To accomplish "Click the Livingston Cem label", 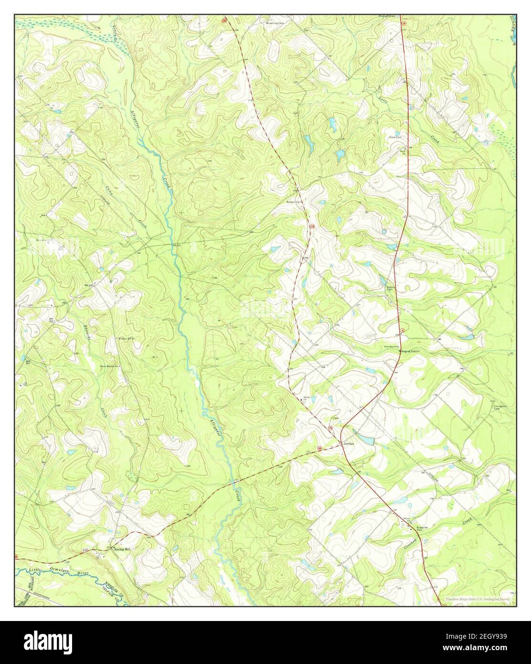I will click(x=499, y=407).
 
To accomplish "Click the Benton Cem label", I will click(x=294, y=202).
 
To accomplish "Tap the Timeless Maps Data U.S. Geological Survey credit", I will click(x=478, y=599).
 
